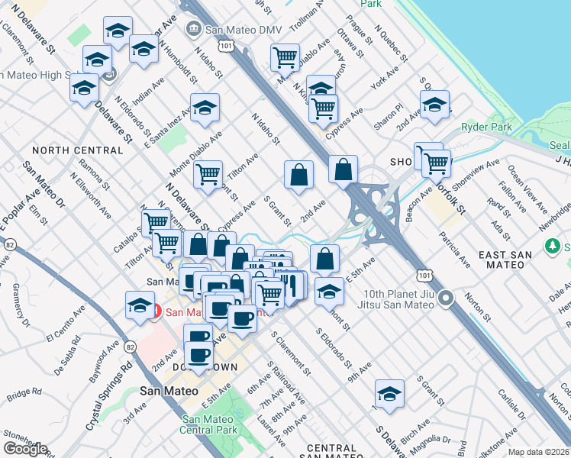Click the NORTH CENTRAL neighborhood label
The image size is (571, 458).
(78, 151)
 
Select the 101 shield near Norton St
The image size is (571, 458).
(423, 274)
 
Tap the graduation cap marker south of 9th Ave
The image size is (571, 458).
(389, 395)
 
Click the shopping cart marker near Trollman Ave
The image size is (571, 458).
(285, 56)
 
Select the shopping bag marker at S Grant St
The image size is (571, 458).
(298, 176)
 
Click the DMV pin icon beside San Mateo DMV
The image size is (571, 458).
(194, 29)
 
